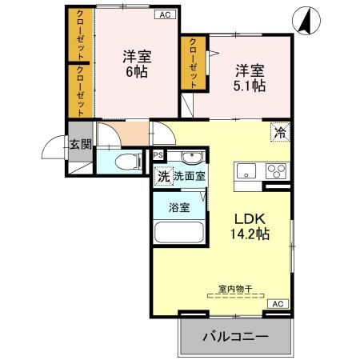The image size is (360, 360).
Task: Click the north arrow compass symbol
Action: click(305, 22)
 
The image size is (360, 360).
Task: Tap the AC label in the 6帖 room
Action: click(163, 14)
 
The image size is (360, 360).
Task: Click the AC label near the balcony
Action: click(277, 304)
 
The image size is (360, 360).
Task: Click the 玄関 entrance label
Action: click(78, 144)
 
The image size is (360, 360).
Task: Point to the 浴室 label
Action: click(178, 207)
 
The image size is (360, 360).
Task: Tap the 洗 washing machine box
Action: click(162, 175)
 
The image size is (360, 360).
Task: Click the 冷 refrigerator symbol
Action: click(280, 133)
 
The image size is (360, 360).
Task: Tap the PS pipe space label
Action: click(158, 155)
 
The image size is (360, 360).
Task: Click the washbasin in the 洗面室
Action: click(191, 156)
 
